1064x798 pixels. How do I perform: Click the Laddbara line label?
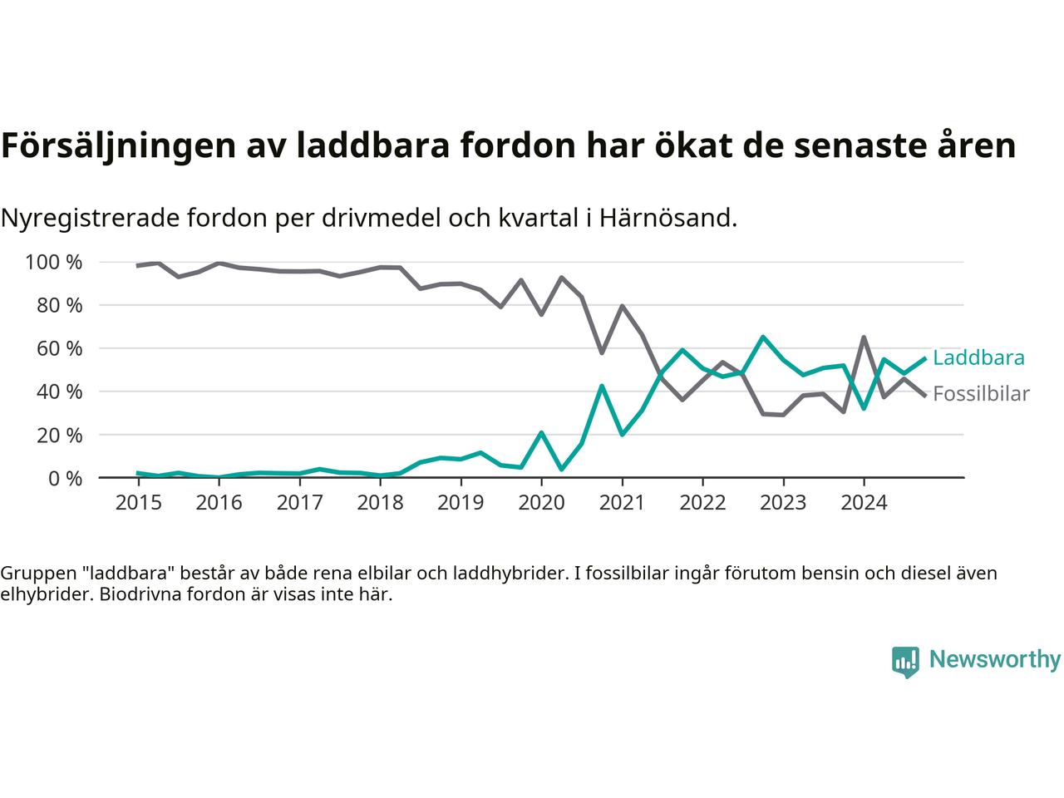coord(978,358)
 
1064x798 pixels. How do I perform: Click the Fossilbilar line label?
coord(981,394)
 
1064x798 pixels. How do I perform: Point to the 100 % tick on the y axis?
coord(54,263)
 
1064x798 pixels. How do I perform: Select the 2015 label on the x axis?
coord(137,504)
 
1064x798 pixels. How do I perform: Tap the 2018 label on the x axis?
coord(380,504)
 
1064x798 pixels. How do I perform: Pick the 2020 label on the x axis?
coord(541,504)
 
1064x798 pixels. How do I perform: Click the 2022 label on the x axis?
coord(702,504)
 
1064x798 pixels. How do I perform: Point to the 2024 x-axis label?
coord(864,504)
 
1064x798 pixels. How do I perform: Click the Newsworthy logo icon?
coord(905,662)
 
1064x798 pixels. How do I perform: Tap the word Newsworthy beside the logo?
coord(994,660)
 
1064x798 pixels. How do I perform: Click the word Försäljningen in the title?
coord(117,146)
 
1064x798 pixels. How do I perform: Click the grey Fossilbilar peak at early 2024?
coord(864,337)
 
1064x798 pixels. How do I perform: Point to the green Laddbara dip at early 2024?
coord(864,408)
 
